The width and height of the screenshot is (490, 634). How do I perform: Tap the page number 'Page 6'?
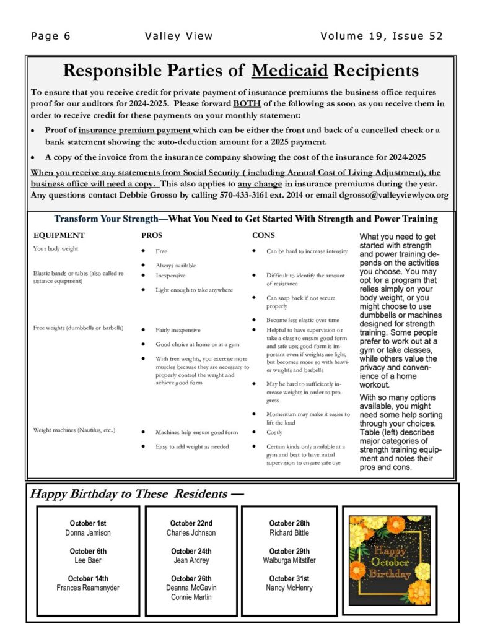coord(51,36)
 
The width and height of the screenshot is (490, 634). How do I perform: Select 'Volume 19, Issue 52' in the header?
coord(382,36)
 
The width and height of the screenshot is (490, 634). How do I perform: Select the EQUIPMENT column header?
coord(59,235)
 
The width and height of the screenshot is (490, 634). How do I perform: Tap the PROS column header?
coord(152,235)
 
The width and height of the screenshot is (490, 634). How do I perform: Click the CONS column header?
coord(263,235)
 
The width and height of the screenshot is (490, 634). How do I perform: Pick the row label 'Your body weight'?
coord(56,249)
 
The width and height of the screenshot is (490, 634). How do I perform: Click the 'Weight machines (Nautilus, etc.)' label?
coord(74,430)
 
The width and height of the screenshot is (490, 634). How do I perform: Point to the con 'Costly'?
coord(274,432)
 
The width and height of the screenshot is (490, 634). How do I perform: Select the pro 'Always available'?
coord(175,265)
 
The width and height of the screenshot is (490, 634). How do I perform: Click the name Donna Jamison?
coord(88,532)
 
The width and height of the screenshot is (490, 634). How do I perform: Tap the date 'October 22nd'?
coord(191,523)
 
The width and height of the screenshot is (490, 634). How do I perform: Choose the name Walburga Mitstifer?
coord(289,560)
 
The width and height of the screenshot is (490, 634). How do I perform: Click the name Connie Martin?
coord(191,597)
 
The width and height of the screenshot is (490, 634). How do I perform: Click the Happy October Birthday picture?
coord(390,561)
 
